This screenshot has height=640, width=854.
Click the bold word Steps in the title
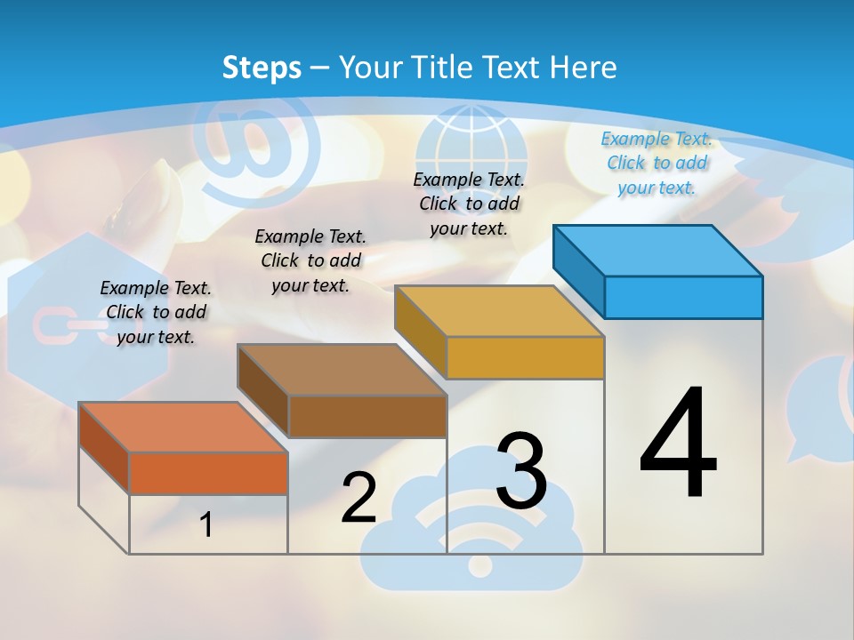point(262,67)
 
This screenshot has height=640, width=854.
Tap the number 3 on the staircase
point(521,471)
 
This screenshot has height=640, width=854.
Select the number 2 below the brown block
point(359,497)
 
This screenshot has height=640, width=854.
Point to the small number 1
point(205,524)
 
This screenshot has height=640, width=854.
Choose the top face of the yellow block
point(500,311)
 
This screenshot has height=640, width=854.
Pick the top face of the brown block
point(342,370)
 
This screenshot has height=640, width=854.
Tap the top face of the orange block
point(183,428)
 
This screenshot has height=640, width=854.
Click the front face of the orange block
point(208,473)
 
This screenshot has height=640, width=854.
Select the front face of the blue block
point(683,297)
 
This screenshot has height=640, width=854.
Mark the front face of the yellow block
point(525,357)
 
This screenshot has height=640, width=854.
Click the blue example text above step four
point(657,163)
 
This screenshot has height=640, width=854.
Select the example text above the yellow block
point(469,204)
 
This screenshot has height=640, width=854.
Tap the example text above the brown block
point(310,260)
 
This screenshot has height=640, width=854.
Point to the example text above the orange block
point(156,312)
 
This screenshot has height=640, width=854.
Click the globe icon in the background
point(459,142)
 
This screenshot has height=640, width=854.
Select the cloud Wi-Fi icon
point(471,524)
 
